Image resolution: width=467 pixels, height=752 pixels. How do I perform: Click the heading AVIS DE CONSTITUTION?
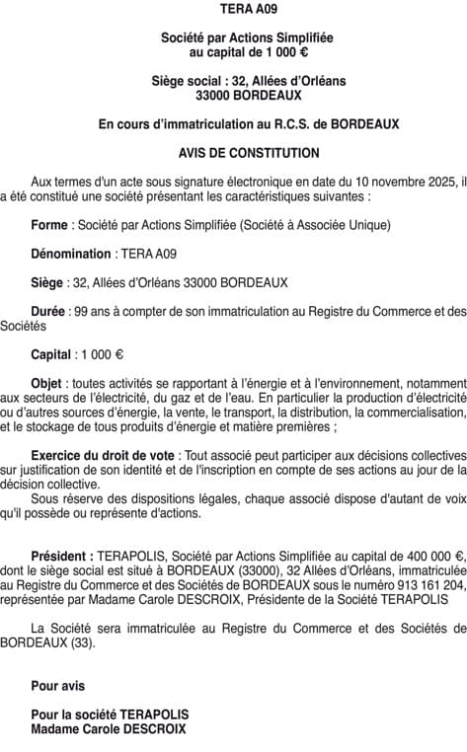[249, 154]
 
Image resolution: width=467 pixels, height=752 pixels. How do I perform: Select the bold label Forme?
[48, 225]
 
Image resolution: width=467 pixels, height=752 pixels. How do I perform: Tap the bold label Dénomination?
[71, 254]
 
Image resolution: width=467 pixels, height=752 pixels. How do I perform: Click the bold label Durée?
[48, 311]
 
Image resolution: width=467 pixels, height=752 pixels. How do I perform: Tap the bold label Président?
[63, 556]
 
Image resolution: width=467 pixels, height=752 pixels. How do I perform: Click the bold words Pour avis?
[58, 686]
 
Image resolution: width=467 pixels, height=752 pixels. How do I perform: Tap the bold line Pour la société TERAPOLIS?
[110, 714]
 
